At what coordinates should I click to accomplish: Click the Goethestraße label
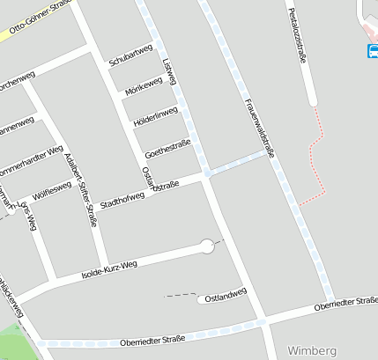pos(167,145)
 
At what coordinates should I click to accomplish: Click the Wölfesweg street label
pos(52,188)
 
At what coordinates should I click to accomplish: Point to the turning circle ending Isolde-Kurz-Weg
pos(208,246)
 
